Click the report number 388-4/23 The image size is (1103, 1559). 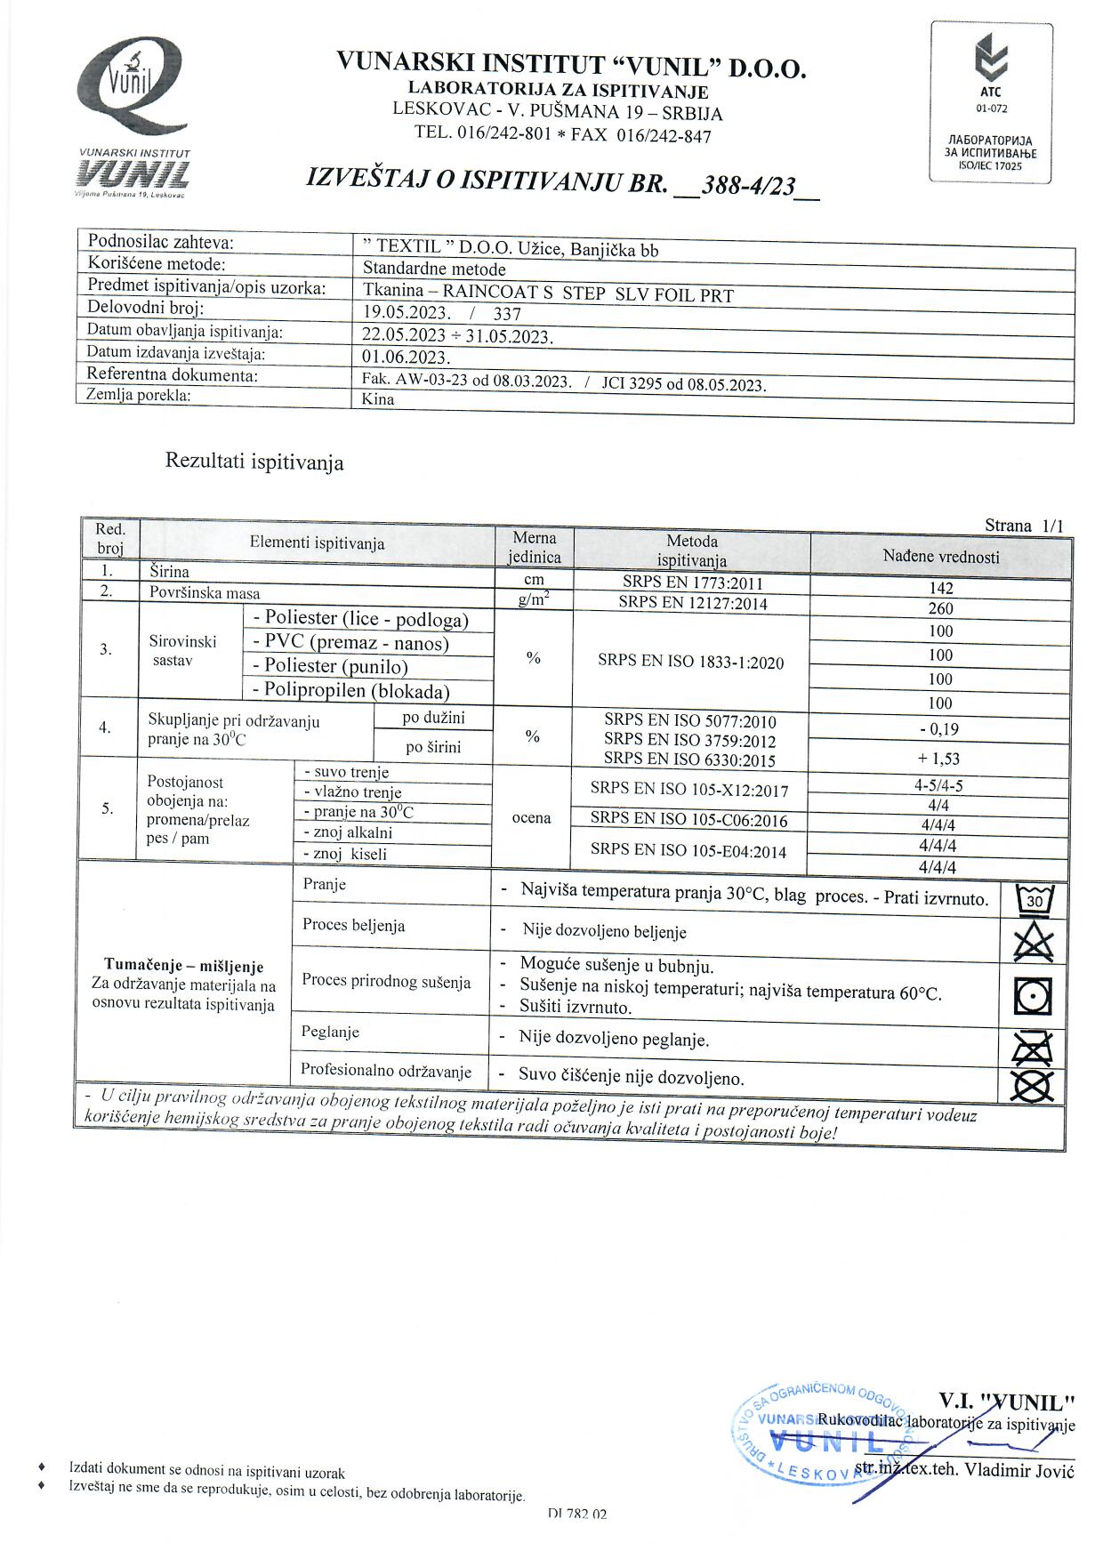(x=748, y=186)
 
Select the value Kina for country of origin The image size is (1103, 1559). (x=378, y=399)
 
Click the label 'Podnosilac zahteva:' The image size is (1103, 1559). (x=161, y=242)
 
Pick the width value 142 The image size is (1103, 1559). (x=940, y=588)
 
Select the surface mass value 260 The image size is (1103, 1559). (x=940, y=609)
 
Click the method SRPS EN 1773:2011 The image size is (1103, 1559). (x=692, y=583)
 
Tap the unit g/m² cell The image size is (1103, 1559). (x=533, y=600)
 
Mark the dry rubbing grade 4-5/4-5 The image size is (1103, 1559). (x=938, y=786)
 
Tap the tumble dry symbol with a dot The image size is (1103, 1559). (x=1034, y=997)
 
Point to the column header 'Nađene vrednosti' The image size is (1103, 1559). (x=940, y=558)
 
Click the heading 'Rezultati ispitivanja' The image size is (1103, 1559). (x=254, y=462)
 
